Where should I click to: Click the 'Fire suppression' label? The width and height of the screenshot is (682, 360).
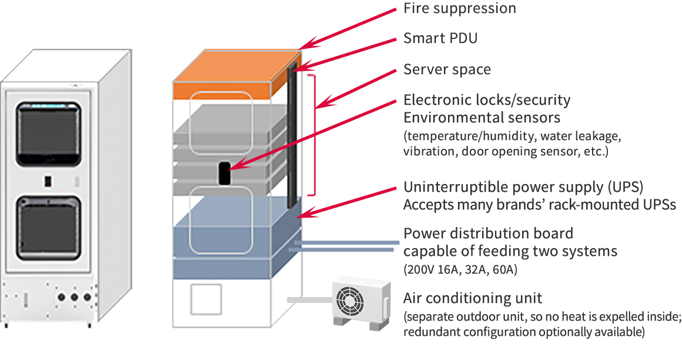459,8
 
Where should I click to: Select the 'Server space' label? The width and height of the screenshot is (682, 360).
447,69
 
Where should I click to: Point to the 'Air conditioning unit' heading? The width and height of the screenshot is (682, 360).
473,298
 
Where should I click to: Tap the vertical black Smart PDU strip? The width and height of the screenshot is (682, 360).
292,135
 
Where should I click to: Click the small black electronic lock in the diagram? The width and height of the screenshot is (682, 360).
224,173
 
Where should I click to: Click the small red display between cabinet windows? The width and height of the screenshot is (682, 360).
48,179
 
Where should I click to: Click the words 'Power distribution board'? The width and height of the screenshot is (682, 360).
488,234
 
